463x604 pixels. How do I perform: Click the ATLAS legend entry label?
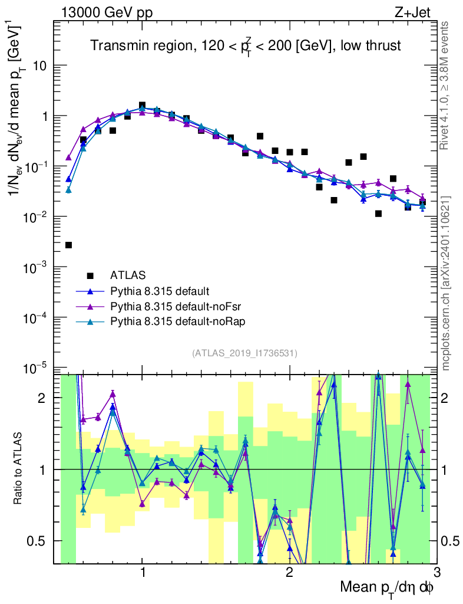click(128, 275)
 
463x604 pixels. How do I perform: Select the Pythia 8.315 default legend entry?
click(160, 291)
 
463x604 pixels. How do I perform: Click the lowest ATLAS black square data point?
click(69, 245)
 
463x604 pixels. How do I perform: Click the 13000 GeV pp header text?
click(106, 12)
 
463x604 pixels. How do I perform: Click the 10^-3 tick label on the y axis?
click(37, 267)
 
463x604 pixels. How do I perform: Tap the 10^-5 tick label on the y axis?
click(37, 368)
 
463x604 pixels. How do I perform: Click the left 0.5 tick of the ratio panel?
click(38, 541)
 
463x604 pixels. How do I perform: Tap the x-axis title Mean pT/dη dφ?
click(387, 588)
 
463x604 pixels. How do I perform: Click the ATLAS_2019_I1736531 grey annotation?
click(244, 353)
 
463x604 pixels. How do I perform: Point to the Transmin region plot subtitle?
click(245, 46)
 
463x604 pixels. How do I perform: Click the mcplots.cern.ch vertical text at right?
click(447, 283)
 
